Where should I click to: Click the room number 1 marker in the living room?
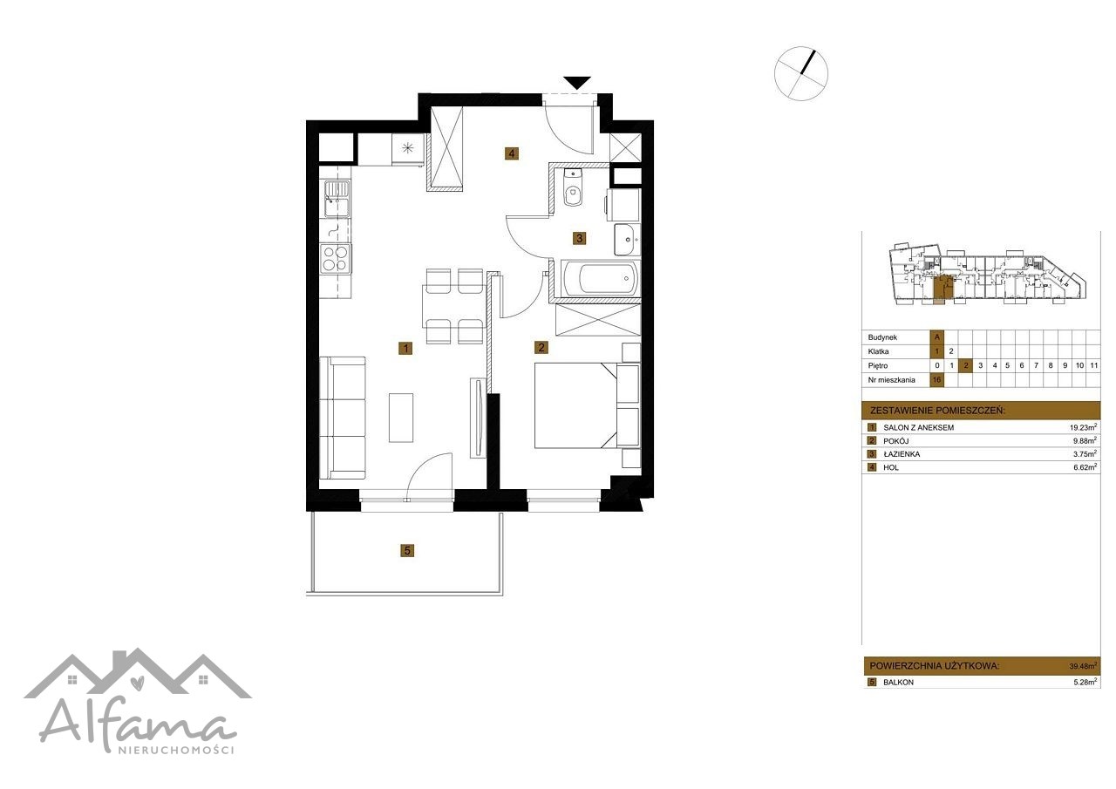pos(405,348)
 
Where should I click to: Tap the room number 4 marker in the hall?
pos(511,153)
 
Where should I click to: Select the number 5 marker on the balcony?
pos(407,550)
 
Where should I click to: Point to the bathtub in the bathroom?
pos(600,279)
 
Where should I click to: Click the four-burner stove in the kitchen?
pos(336,259)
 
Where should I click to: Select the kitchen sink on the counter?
pos(337,199)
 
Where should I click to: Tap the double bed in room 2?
pos(587,405)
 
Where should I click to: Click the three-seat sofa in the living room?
pos(343,418)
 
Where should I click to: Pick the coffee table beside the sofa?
pos(401,418)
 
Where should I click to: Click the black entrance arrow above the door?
pos(577,82)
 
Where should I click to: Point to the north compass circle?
pos(800,74)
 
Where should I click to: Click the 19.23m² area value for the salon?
pos(1083,427)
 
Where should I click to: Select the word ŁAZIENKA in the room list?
pos(902,454)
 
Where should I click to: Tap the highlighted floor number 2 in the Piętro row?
pos(966,365)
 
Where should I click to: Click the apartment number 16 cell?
pos(937,380)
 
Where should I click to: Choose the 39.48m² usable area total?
pos(1083,665)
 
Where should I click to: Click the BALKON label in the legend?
pos(898,683)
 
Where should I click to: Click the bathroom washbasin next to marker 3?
pos(626,239)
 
